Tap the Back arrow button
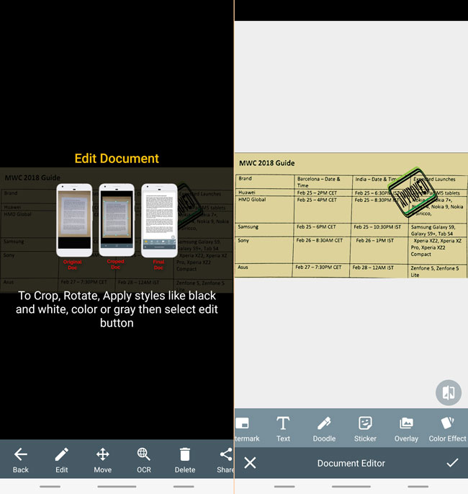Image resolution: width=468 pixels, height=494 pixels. (x=21, y=454)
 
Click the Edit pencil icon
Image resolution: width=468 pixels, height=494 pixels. (x=62, y=454)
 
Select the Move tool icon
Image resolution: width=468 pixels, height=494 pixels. (x=103, y=454)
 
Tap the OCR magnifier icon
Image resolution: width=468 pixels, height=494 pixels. (x=144, y=454)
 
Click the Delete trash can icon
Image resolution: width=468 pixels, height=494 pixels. (x=185, y=454)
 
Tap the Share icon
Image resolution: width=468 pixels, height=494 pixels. (x=226, y=454)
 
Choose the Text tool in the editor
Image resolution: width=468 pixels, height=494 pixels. (x=283, y=423)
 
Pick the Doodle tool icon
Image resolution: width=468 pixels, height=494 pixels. (x=324, y=423)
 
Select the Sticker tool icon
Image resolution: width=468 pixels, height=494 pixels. (x=365, y=423)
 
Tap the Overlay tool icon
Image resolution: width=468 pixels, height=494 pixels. (x=406, y=423)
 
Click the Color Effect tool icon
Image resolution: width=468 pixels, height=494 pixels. (x=447, y=423)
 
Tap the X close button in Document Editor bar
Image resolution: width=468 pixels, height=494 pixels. (x=250, y=463)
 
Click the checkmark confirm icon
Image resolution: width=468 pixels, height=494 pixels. (x=452, y=463)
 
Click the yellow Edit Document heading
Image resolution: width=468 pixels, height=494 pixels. (x=117, y=159)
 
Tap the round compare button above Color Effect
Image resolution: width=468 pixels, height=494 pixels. (x=448, y=392)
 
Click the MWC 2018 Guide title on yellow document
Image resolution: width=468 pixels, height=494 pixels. (x=267, y=163)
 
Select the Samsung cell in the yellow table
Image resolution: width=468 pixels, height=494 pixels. (x=249, y=227)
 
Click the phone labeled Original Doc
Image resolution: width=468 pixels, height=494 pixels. (x=74, y=220)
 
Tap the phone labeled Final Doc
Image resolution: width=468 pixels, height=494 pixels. (x=159, y=220)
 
